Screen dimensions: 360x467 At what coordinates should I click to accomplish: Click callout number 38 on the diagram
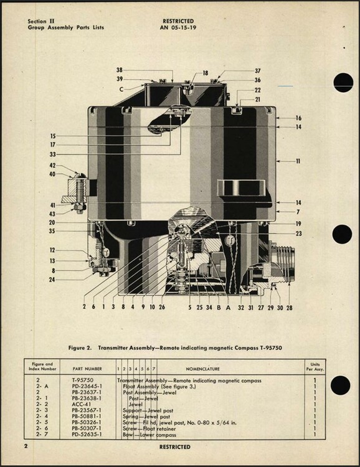(120, 70)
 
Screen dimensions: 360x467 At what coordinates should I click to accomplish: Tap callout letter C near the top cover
(121, 89)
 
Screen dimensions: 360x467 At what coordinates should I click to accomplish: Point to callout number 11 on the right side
(298, 161)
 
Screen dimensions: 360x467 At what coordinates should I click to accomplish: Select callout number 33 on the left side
(52, 154)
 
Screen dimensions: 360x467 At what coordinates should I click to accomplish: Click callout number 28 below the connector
(290, 308)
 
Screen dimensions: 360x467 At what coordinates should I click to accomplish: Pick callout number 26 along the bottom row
(162, 307)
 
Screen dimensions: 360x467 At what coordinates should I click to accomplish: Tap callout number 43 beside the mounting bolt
(52, 214)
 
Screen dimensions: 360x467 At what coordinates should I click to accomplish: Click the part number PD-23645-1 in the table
(87, 386)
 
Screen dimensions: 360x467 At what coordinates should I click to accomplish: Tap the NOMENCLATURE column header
(202, 369)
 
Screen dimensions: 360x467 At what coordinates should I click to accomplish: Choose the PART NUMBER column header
(87, 369)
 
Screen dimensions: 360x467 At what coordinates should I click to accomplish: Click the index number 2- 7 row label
(42, 434)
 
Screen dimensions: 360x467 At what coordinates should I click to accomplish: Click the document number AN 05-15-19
(178, 27)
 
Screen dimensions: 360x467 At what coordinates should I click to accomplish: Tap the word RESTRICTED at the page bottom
(174, 446)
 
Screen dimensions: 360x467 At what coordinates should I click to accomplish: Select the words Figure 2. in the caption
(80, 347)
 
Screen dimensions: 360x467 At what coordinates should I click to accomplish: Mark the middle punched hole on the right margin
(342, 234)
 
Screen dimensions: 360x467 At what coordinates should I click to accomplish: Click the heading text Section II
(41, 21)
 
